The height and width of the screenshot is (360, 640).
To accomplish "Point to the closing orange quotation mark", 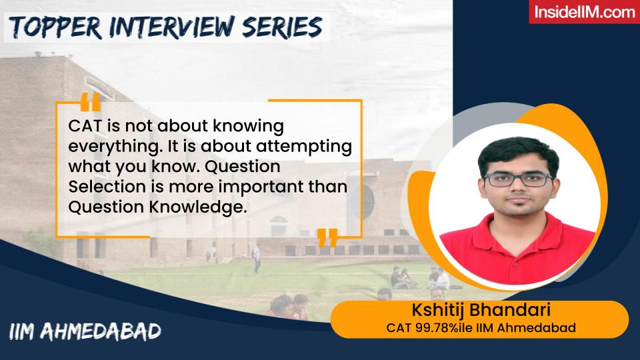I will pyautogui.click(x=327, y=238).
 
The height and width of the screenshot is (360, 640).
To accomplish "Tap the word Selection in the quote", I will pyautogui.click(x=101, y=187).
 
